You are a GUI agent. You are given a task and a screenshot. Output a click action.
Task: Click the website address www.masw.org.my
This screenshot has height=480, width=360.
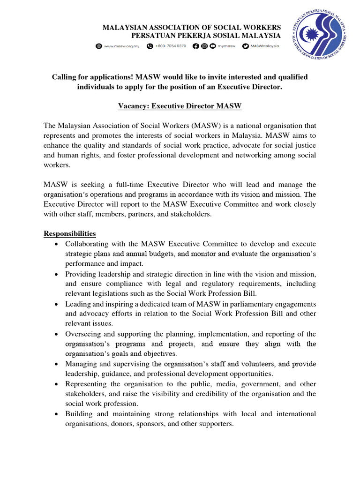click(122, 46)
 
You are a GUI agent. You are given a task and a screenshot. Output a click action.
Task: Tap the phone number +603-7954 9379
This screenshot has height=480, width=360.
click(171, 46)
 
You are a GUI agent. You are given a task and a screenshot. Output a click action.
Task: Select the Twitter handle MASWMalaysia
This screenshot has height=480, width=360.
click(264, 46)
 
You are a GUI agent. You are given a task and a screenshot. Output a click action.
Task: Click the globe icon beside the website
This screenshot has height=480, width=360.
click(99, 46)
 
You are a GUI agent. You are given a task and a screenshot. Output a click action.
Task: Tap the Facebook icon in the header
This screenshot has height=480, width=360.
click(195, 46)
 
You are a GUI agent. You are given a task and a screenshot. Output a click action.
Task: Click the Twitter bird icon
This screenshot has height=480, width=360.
click(246, 46)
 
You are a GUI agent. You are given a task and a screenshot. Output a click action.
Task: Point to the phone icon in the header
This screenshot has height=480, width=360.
click(150, 46)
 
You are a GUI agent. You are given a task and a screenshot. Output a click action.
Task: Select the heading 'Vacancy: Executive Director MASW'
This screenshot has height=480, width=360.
click(180, 106)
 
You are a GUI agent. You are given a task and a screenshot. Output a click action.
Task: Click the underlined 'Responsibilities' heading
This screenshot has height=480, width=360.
click(70, 233)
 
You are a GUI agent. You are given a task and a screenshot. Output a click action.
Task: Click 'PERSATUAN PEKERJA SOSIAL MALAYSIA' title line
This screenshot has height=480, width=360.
click(206, 36)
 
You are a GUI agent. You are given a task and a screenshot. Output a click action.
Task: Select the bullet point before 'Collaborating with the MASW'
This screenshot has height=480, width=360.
click(57, 244)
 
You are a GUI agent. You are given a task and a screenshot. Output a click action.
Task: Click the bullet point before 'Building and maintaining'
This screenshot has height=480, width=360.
click(57, 414)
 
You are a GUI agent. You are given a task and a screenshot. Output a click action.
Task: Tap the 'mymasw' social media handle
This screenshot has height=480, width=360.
click(226, 46)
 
